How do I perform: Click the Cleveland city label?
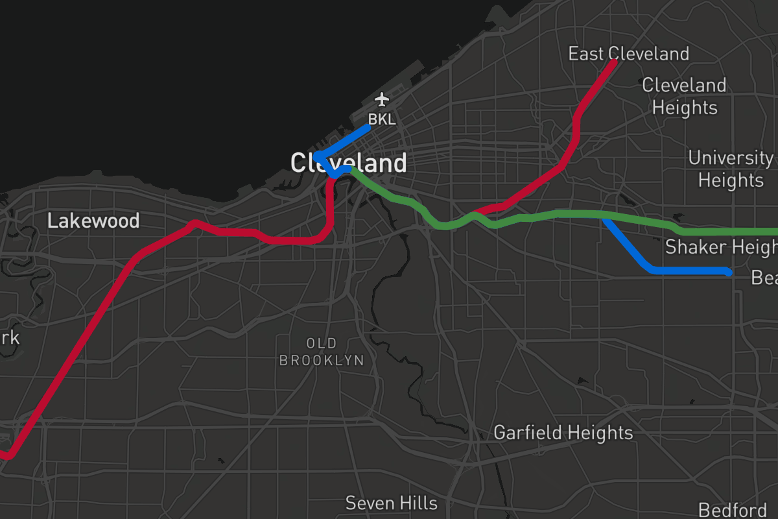(x=348, y=162)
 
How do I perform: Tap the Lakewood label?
(x=93, y=221)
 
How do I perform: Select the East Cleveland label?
(x=628, y=53)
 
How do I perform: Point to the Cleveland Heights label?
(x=684, y=96)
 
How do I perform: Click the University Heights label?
(x=731, y=169)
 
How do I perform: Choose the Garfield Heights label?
(x=563, y=433)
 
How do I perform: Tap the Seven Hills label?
(x=391, y=503)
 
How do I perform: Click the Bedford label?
(x=732, y=510)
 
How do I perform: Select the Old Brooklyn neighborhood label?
(x=322, y=351)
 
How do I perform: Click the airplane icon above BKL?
(x=382, y=100)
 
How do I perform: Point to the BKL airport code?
(x=382, y=119)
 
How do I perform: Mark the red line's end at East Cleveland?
(x=613, y=62)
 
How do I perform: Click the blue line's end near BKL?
(x=368, y=128)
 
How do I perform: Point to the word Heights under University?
(x=731, y=180)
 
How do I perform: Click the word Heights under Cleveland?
(x=685, y=108)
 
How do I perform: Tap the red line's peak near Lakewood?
(x=193, y=223)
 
